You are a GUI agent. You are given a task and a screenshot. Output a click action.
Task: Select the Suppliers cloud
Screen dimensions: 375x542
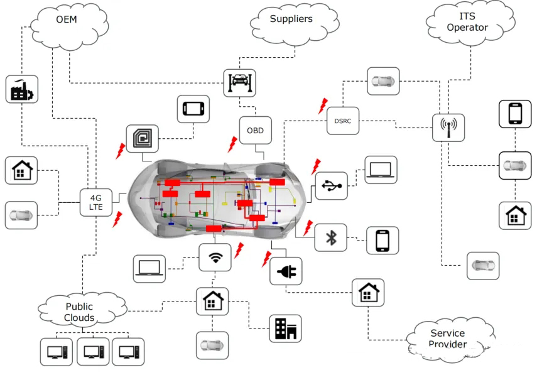(291, 20)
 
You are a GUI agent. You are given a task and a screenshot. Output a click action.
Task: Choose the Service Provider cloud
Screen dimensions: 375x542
(448, 338)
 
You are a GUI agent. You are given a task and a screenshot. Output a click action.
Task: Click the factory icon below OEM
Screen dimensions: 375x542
(23, 89)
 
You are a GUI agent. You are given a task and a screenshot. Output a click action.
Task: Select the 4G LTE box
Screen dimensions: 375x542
(96, 203)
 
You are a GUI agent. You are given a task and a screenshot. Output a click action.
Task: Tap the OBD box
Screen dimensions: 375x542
(255, 131)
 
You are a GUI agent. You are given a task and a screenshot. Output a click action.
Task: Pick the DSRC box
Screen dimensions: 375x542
(343, 121)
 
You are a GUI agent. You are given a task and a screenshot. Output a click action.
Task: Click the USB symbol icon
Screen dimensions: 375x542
(331, 186)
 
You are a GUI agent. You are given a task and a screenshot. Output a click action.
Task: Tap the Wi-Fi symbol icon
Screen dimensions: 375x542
(215, 258)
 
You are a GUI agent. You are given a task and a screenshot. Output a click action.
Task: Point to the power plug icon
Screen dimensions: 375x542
(286, 271)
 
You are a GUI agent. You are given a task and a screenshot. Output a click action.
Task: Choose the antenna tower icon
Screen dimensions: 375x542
(448, 128)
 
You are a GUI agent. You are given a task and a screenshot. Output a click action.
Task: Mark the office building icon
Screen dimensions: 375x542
(285, 329)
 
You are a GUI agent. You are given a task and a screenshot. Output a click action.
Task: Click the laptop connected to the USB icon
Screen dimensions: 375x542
(381, 170)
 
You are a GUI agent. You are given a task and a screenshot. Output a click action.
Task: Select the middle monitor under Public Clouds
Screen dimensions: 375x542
(93, 352)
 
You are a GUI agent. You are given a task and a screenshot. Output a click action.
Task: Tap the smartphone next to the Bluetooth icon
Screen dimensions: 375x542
(382, 241)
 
